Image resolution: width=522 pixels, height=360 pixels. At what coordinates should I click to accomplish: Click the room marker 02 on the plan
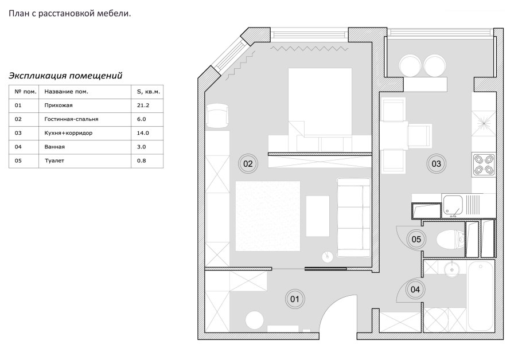pos(248,164)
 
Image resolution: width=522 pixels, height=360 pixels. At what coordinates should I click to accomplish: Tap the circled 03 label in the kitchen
pos(436,164)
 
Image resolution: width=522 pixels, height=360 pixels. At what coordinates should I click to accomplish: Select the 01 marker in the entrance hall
pos(295,299)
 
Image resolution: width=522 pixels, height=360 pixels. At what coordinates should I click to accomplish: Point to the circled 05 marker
pos(416,239)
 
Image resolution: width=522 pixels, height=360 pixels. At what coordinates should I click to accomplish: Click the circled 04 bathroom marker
pos(415,289)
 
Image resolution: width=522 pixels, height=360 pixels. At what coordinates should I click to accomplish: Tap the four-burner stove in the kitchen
pos(484,165)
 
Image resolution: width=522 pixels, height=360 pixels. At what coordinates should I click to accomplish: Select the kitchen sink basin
pos(453,205)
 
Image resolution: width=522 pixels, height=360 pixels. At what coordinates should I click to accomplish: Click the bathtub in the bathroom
pos(480,296)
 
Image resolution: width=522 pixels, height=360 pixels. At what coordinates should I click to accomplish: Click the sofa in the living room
pos(353,218)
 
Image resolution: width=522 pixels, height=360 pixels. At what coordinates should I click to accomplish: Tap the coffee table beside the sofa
pos(318,216)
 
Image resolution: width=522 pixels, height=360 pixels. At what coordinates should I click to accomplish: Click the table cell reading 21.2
pos(143,105)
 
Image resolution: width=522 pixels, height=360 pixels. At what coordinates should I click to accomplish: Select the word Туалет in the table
pos(54,161)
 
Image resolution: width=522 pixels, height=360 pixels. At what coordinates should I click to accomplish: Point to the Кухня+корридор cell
pos(68,133)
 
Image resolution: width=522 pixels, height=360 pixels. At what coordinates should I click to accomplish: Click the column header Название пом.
pos(66,92)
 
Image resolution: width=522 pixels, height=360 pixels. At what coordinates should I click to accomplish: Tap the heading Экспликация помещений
pos(65,76)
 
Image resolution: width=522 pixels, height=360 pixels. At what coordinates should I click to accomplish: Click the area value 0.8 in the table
pos(141,161)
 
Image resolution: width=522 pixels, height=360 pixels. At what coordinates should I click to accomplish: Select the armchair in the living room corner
pos(217,115)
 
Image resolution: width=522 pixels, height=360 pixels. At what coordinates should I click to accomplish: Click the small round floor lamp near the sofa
pos(328,256)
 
